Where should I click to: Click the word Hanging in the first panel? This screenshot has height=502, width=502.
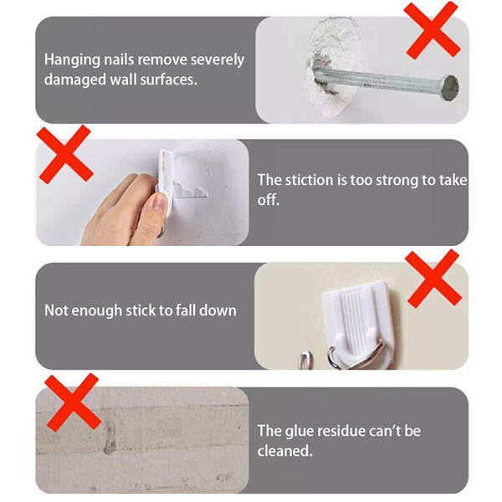pyautogui.click(x=72, y=60)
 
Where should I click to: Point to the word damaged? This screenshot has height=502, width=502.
pyautogui.click(x=75, y=79)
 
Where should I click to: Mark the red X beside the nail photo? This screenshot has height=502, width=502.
pyautogui.click(x=433, y=30)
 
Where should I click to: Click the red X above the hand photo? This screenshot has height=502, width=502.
pyautogui.click(x=65, y=154)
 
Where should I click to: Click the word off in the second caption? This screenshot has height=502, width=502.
pyautogui.click(x=269, y=200)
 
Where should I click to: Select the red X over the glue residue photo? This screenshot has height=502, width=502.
pyautogui.click(x=73, y=402)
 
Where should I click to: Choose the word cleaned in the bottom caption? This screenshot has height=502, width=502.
pyautogui.click(x=285, y=451)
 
